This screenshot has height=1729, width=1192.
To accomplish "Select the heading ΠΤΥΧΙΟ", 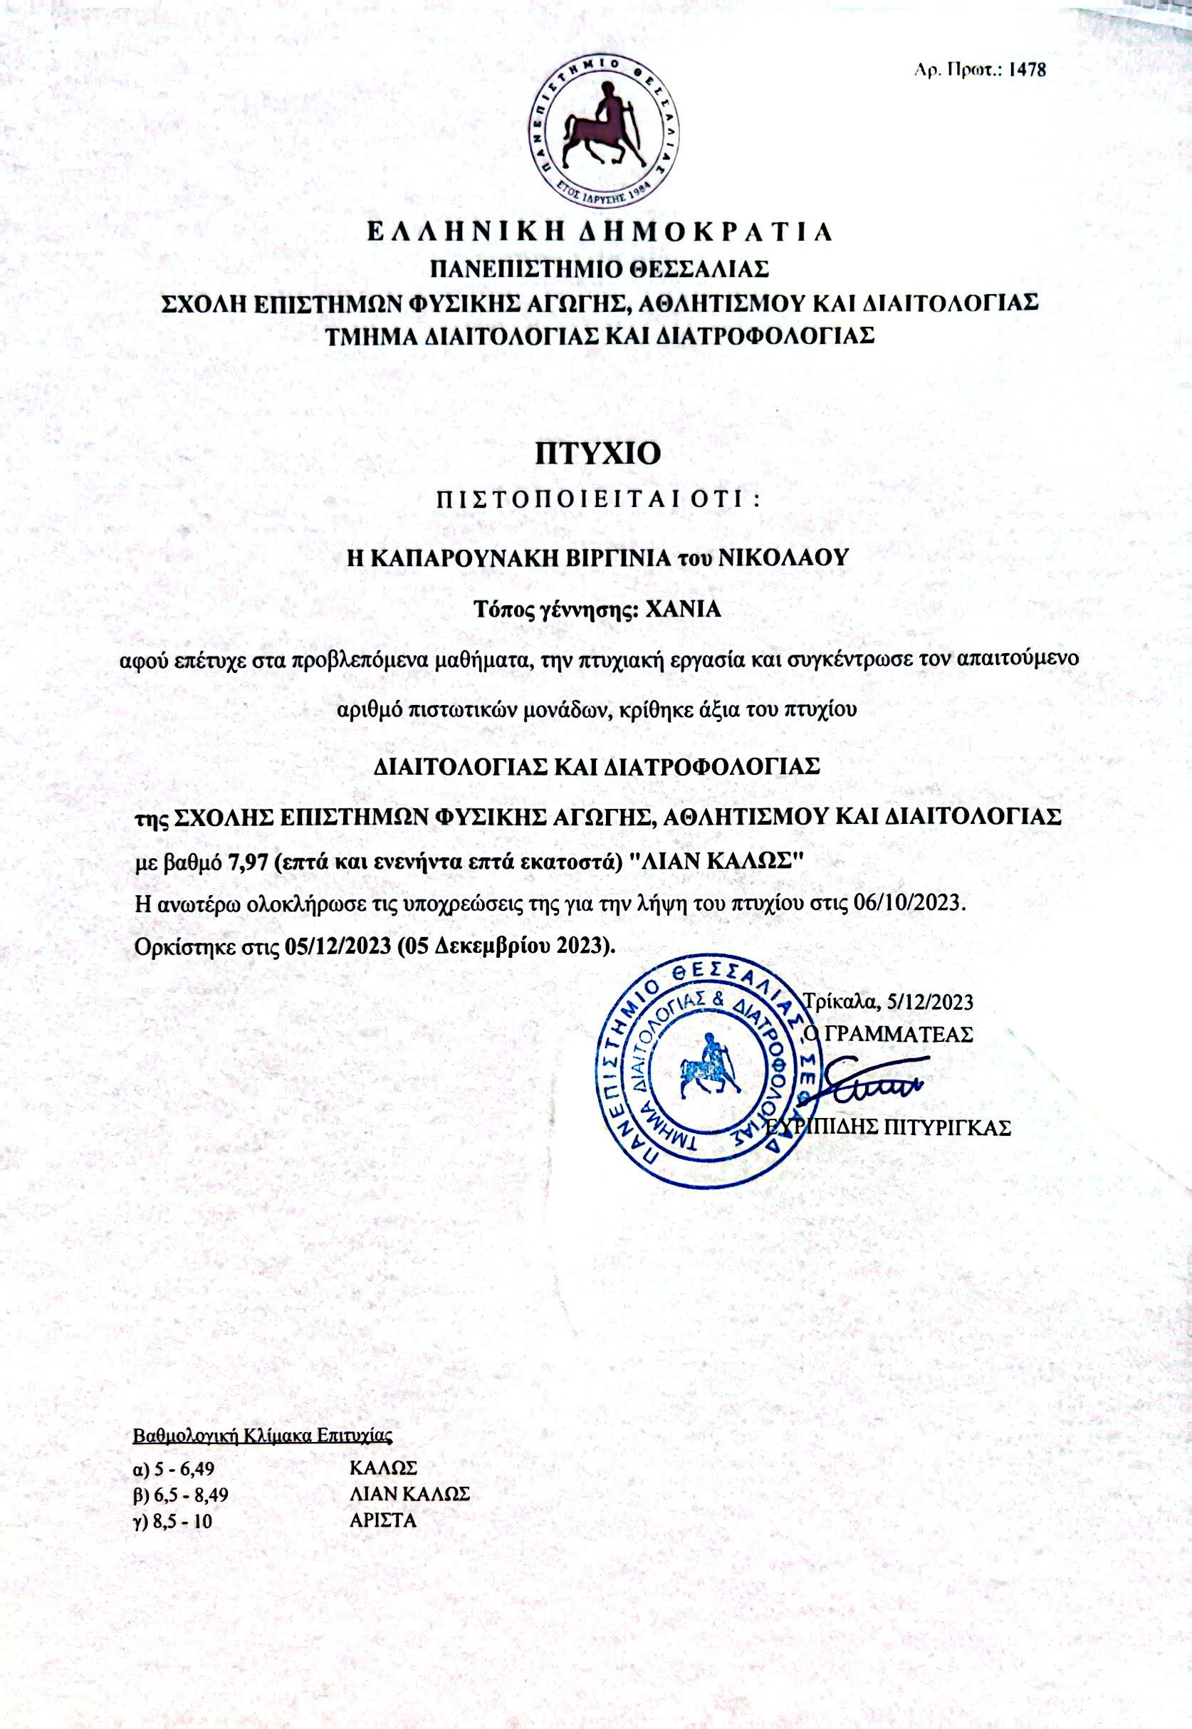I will coord(597,454).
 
